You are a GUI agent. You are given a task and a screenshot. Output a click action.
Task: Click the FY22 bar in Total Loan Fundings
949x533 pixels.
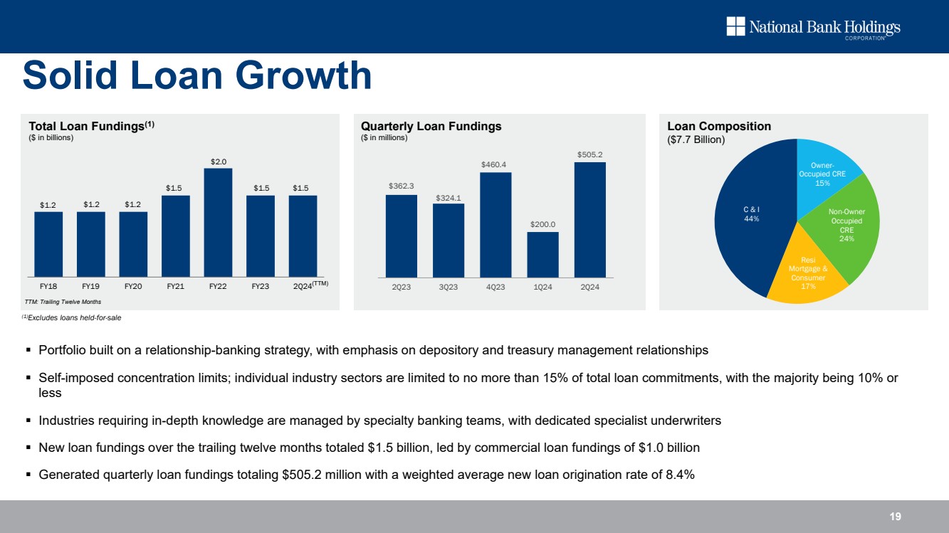click(218, 223)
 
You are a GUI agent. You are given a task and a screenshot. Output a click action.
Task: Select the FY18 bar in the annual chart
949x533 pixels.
click(48, 244)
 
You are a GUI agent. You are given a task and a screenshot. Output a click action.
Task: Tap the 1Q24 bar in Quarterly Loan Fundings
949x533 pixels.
click(542, 254)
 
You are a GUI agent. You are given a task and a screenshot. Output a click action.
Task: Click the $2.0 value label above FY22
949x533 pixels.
click(218, 162)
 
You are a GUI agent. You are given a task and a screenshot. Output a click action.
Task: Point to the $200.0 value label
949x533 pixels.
click(542, 224)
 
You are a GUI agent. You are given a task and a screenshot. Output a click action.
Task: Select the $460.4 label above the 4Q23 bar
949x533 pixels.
click(496, 165)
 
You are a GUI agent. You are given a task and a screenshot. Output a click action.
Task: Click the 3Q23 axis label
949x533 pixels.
click(449, 287)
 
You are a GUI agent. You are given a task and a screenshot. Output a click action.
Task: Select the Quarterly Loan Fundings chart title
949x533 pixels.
click(431, 126)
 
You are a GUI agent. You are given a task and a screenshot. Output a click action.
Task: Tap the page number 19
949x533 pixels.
click(895, 516)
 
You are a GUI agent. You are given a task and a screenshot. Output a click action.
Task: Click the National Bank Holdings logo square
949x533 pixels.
click(735, 27)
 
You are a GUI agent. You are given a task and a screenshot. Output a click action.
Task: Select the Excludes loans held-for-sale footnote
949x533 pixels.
click(74, 317)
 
